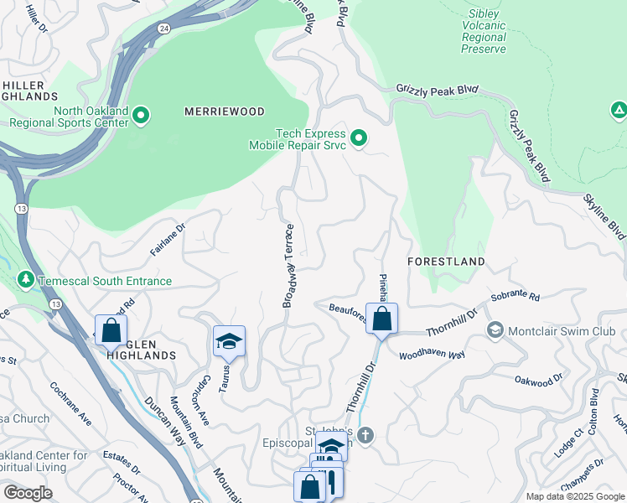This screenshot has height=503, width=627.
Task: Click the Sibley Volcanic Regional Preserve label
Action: [x=484, y=32]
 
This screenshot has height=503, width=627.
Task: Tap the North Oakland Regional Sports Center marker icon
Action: [x=141, y=115]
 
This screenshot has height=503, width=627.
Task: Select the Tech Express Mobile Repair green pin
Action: [x=359, y=138]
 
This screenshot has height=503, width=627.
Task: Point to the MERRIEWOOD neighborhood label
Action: [x=225, y=111]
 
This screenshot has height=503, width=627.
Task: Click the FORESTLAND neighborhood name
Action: [x=446, y=262]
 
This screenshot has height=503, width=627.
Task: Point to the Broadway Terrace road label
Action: [x=288, y=266]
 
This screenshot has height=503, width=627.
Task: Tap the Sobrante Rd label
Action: [x=516, y=298]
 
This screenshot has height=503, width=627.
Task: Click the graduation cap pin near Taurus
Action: [x=229, y=341]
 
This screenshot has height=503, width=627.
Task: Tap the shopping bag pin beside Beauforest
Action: [x=381, y=319]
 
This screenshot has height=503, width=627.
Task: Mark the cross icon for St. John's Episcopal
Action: [x=364, y=434]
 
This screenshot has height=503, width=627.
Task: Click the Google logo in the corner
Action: [x=28, y=493]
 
